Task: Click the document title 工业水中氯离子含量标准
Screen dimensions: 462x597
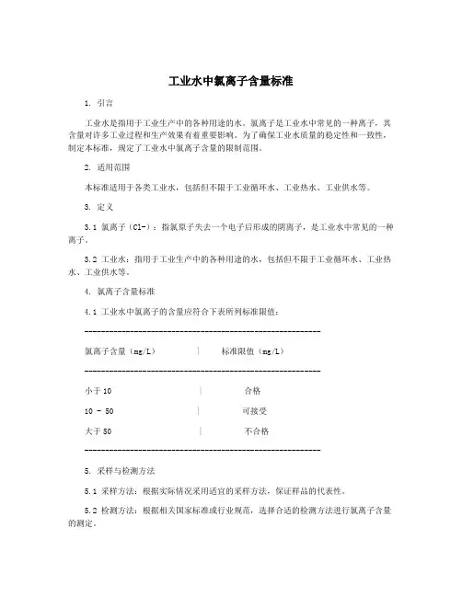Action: coord(231,81)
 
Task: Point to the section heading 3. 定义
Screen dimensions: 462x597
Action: coord(98,207)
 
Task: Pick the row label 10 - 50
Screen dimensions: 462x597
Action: coord(98,410)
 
